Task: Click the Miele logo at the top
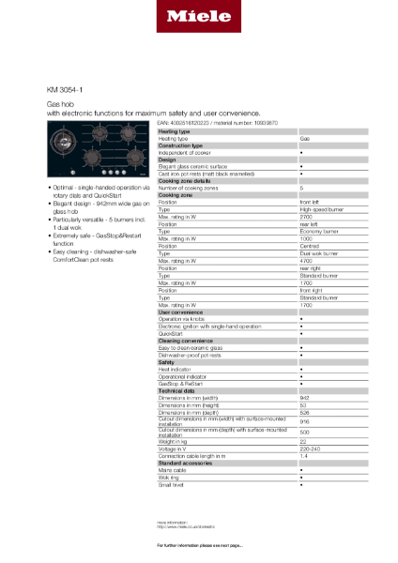tap(198, 16)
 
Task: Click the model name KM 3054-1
tap(63, 90)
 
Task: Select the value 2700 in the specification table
tap(306, 216)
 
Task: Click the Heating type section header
tap(175, 132)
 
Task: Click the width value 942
tap(304, 398)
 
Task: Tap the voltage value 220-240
tap(309, 448)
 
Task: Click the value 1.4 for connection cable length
tap(303, 455)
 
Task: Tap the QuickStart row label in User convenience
tap(171, 332)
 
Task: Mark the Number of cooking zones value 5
tap(301, 188)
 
